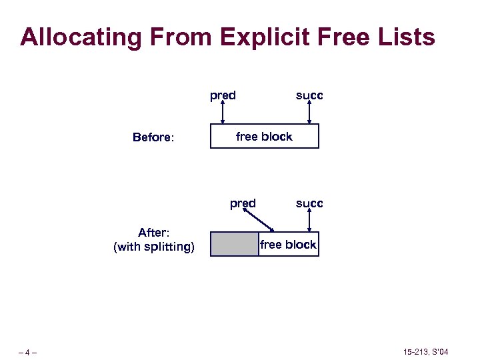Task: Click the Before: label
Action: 153,137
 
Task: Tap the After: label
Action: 154,233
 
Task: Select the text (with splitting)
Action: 154,247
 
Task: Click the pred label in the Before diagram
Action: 223,95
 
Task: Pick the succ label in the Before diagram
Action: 309,95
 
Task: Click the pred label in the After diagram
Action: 243,203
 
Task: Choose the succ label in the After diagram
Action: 309,203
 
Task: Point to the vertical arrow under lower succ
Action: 309,221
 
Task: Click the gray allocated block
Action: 235,244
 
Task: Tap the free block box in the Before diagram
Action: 265,136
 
